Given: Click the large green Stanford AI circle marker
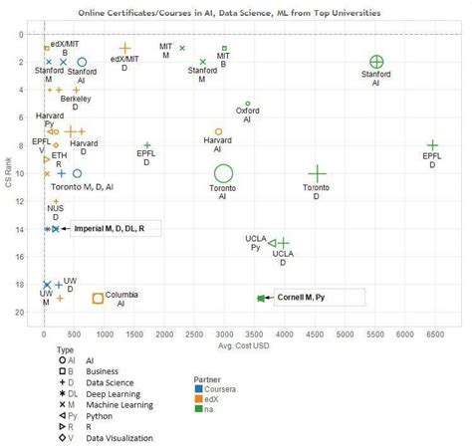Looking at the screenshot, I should tap(376, 63).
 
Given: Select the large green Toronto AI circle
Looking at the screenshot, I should tap(223, 174).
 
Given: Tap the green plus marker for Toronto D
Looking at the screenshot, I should tap(317, 174).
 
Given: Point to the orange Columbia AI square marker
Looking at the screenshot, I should tap(98, 298).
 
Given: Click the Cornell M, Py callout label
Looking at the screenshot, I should tap(320, 298).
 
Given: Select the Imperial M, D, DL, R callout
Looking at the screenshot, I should tap(116, 229).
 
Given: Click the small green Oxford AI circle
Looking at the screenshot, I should tap(248, 104).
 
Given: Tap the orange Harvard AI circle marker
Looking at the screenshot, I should tap(219, 131).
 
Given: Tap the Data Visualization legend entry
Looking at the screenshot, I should tap(94, 437).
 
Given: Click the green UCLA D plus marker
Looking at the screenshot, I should tap(284, 243).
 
